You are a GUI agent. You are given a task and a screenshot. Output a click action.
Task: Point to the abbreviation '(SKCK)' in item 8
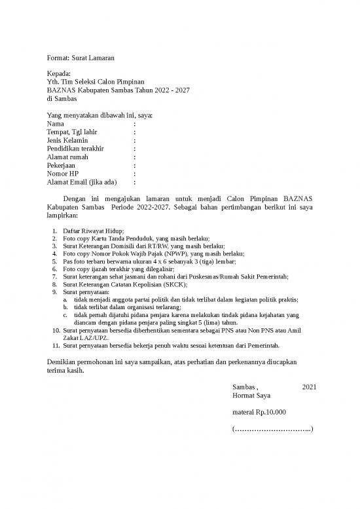click(x=173, y=284)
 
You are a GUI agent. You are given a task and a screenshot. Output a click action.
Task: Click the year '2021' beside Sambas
click(x=310, y=387)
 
